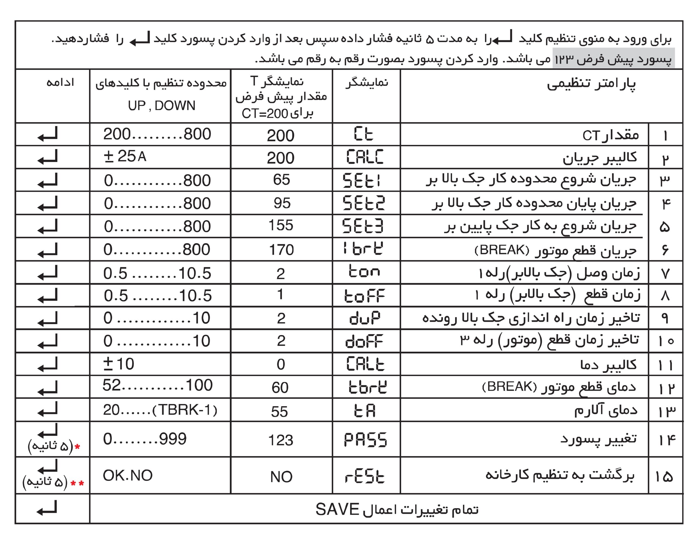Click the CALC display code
364,157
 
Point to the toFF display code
364,296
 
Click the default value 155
280,225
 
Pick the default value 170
281,250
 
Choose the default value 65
281,180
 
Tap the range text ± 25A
125,157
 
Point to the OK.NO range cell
128,476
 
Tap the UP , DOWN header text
161,105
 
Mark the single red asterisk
77,447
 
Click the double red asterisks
77,483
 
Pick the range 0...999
144,439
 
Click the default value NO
281,477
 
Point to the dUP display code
364,318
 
